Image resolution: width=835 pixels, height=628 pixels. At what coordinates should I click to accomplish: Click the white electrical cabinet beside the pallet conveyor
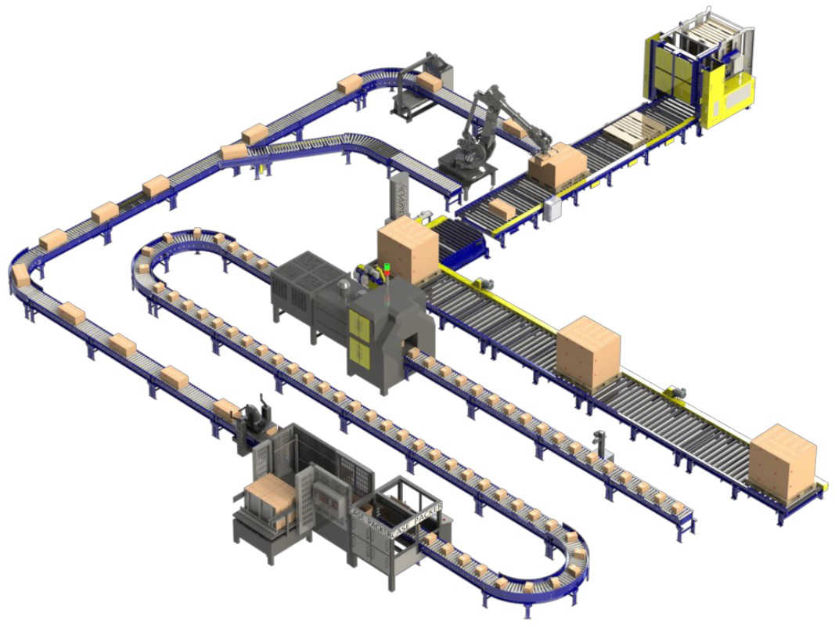553,208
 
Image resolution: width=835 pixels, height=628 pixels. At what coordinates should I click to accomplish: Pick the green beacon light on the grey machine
387,267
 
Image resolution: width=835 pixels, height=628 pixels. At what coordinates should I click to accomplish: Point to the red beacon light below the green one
387,275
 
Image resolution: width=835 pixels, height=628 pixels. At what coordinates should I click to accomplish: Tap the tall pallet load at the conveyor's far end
782,462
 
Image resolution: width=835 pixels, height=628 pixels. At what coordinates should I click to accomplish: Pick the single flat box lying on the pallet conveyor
502,209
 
